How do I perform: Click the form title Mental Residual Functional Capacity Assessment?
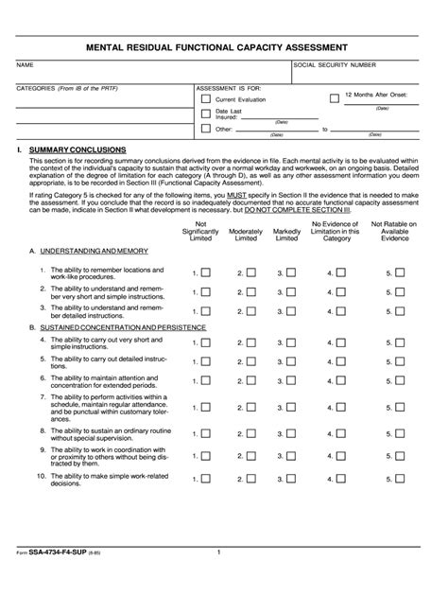click(x=223, y=46)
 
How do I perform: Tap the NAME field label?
click(x=26, y=65)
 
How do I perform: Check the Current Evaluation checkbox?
click(x=206, y=98)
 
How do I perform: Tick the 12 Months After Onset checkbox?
click(x=334, y=97)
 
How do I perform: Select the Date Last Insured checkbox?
click(x=206, y=114)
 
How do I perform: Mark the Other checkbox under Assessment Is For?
click(x=206, y=129)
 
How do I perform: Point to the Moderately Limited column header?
click(x=246, y=231)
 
